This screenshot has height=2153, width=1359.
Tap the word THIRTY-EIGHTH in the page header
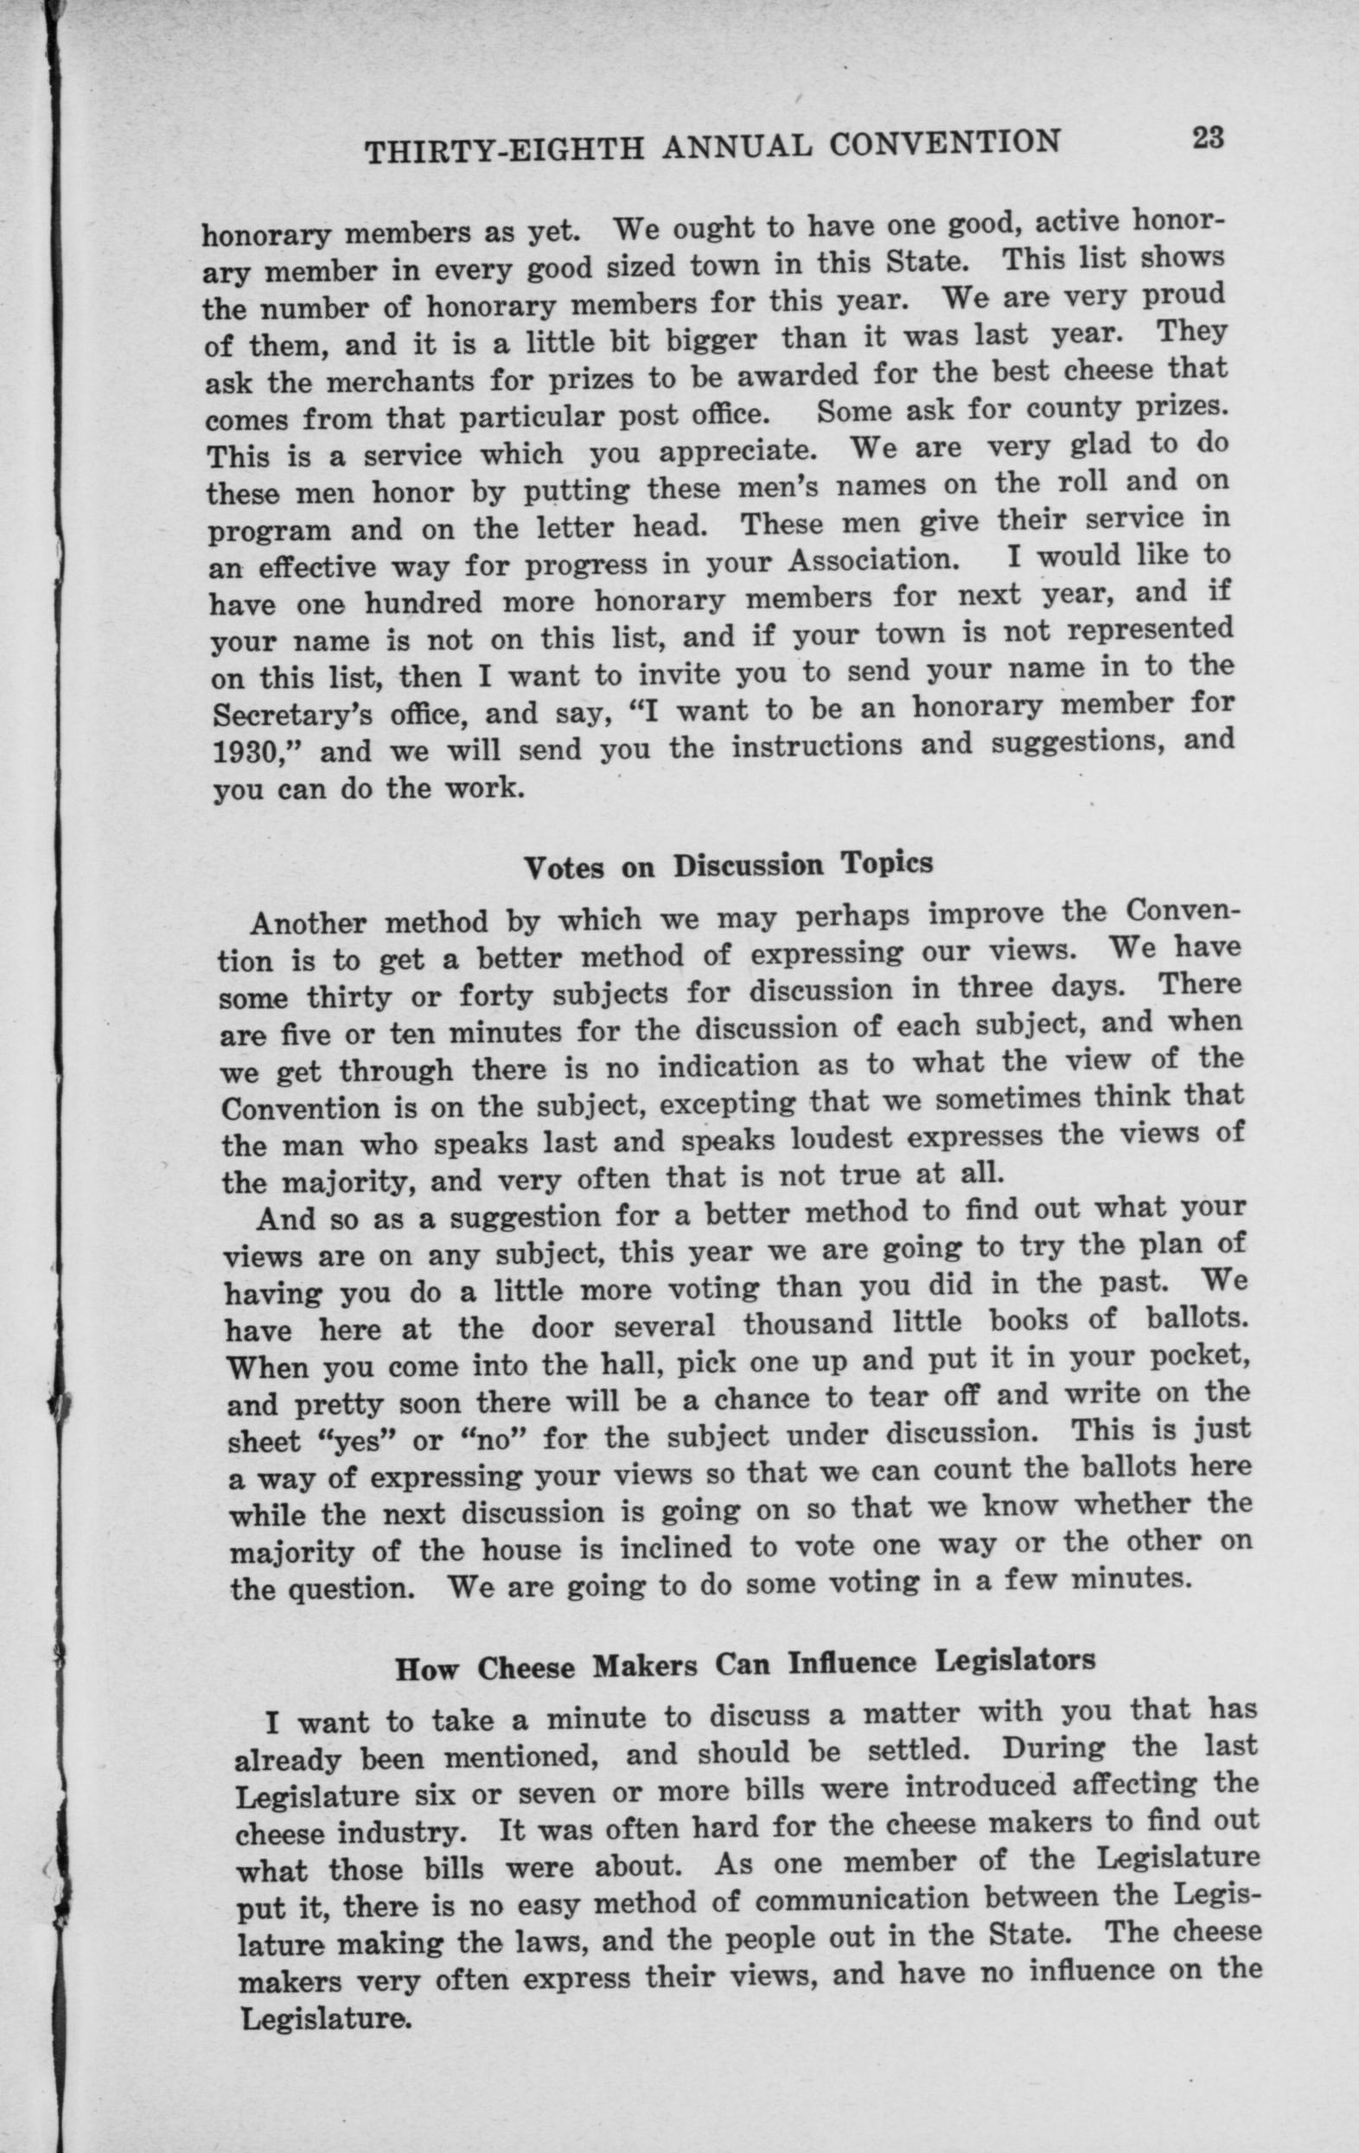click(505, 151)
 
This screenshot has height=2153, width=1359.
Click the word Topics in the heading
click(886, 862)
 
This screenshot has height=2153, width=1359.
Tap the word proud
click(1184, 295)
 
